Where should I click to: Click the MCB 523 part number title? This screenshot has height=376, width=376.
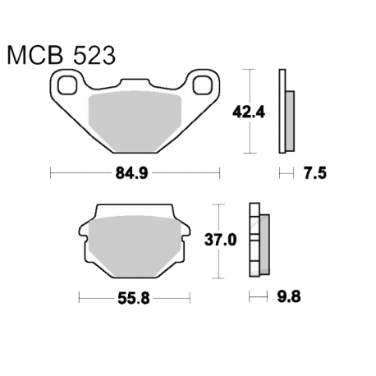pyautogui.click(x=62, y=56)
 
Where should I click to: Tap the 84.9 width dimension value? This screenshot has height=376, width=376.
pyautogui.click(x=131, y=173)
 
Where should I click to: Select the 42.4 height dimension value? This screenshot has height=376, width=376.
pyautogui.click(x=249, y=112)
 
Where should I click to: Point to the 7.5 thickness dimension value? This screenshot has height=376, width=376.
pyautogui.click(x=315, y=173)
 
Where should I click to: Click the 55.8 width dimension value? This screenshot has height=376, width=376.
pyautogui.click(x=134, y=298)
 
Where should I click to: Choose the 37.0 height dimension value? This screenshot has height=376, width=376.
pyautogui.click(x=221, y=241)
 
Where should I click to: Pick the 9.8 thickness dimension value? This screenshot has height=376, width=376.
pyautogui.click(x=289, y=296)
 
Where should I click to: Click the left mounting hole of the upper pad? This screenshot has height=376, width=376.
pyautogui.click(x=67, y=85)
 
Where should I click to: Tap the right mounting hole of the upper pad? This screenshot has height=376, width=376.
pyautogui.click(x=203, y=85)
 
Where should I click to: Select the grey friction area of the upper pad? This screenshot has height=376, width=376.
pyautogui.click(x=135, y=122)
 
